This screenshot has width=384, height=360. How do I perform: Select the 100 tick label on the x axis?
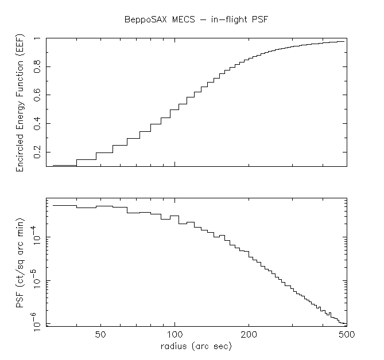tap(175, 335)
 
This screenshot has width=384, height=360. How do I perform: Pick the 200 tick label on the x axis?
tap(249, 335)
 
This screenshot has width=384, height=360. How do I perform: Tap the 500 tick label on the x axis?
tap(345, 335)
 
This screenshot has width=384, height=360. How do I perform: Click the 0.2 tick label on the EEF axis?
tap(38, 152)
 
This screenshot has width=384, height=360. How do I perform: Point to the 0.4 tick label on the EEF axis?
tap(38, 123)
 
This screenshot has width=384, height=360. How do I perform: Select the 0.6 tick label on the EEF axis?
tap(38, 95)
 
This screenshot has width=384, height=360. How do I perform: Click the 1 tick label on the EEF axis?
tap(38, 39)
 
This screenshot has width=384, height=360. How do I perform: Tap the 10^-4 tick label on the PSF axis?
tap(37, 237)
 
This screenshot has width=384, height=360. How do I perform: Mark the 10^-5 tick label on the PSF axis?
tap(37, 281)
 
